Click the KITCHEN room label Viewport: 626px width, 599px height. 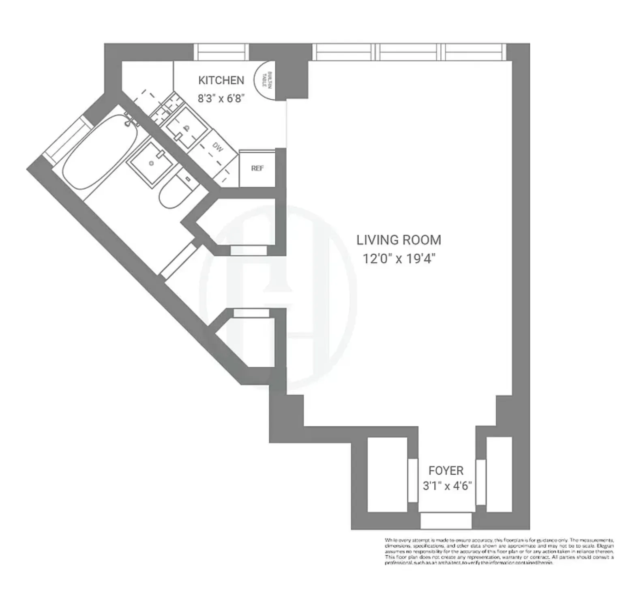click(x=221, y=80)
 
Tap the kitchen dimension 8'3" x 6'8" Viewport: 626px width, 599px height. click(x=221, y=98)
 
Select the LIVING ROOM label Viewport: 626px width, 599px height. click(x=399, y=240)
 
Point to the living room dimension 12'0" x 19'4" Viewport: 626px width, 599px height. click(x=399, y=259)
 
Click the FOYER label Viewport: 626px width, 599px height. click(x=446, y=471)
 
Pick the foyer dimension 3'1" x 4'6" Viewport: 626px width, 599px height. click(x=447, y=486)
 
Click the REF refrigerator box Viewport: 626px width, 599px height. click(x=257, y=168)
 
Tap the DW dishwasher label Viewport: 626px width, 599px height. click(x=218, y=148)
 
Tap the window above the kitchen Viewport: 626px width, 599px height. click(x=221, y=52)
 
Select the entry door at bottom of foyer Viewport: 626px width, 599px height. click(x=446, y=520)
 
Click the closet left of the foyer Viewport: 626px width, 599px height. click(x=387, y=474)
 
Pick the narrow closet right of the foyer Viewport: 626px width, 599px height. click(x=499, y=474)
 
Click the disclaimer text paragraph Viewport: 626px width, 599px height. click(x=499, y=551)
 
